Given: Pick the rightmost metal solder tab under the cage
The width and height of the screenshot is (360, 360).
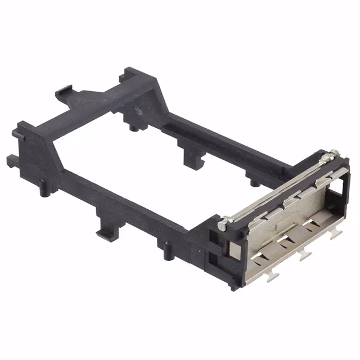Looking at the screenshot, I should click(336, 235).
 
